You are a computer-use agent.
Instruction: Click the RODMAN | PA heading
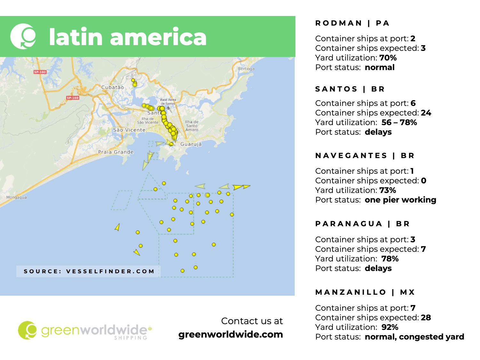point(352,23)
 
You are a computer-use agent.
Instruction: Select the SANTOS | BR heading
point(350,89)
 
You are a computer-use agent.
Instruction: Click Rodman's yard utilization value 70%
point(388,58)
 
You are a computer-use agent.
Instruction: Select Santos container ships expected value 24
point(426,113)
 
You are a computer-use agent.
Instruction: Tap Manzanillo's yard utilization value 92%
point(390,327)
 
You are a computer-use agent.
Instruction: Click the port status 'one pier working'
point(400,200)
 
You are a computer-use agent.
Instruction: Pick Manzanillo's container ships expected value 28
point(426,318)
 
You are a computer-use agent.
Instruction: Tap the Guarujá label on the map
point(191,144)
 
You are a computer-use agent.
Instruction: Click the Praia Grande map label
point(116,152)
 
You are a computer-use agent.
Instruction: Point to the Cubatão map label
point(112,87)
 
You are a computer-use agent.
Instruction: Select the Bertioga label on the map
point(246,69)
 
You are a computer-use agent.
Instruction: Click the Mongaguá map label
point(17,197)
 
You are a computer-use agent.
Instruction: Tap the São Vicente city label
point(129,130)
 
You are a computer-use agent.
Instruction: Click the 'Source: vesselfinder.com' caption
point(89,271)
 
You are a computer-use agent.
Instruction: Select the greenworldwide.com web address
point(230,334)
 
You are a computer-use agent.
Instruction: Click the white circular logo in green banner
point(23,36)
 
